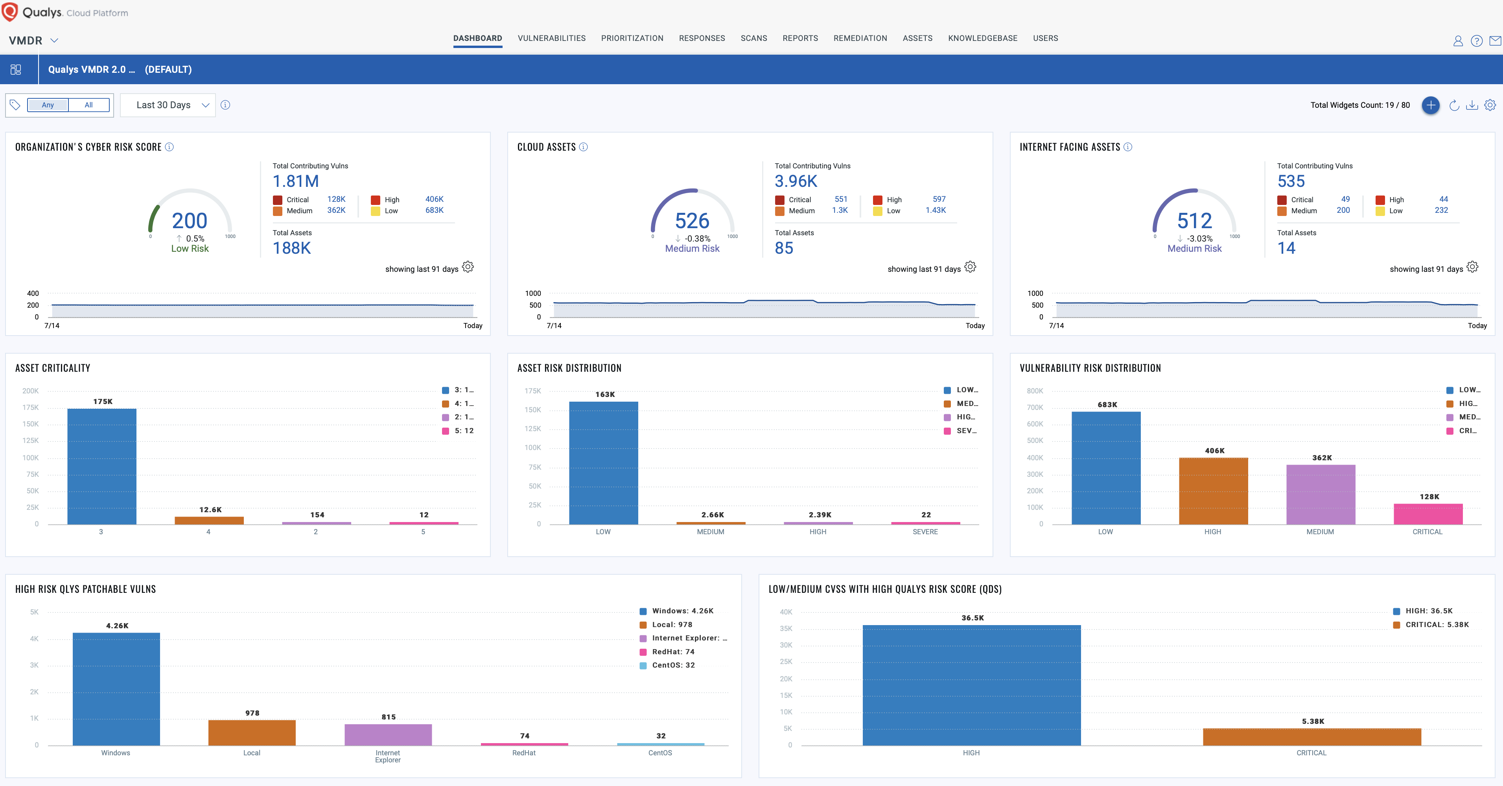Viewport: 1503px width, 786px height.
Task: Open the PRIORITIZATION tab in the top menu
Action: tap(632, 39)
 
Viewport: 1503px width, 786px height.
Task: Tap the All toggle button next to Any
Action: tap(89, 105)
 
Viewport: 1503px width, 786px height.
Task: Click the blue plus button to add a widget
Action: tap(1430, 105)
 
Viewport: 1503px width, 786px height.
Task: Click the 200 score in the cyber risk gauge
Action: tap(190, 221)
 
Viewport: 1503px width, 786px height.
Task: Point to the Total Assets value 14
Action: tap(1286, 249)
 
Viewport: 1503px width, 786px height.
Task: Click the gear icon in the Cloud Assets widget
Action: tap(970, 267)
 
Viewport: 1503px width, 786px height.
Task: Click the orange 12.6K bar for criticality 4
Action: tap(209, 520)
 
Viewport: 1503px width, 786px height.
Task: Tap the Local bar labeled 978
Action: tap(251, 732)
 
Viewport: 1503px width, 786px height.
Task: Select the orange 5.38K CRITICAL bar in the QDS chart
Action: tap(1311, 736)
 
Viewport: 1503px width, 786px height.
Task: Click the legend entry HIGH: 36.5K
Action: tap(1428, 611)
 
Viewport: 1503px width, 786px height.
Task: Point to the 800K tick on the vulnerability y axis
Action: tap(1035, 391)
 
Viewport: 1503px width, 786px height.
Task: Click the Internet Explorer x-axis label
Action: tap(387, 756)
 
